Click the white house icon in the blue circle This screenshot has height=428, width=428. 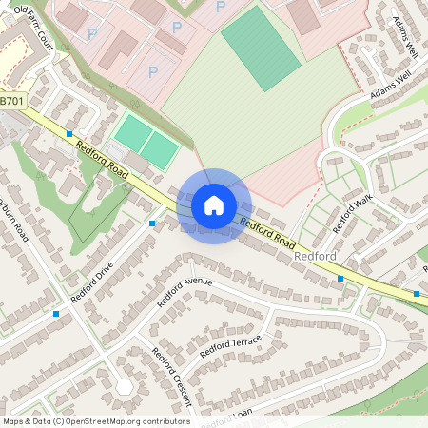(214, 205)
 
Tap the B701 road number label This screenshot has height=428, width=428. (12, 100)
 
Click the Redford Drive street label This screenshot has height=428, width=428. (91, 276)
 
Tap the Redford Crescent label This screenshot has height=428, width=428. (172, 374)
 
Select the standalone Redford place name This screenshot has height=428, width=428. (316, 257)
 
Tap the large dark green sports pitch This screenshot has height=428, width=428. (261, 48)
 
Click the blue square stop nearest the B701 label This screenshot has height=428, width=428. (69, 134)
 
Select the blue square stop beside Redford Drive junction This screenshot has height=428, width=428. (152, 224)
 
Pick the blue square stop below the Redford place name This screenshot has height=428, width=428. (340, 279)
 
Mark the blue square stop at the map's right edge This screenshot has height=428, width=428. (417, 294)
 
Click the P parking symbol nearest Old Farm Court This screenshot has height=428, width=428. (93, 34)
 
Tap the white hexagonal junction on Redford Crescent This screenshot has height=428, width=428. (125, 386)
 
